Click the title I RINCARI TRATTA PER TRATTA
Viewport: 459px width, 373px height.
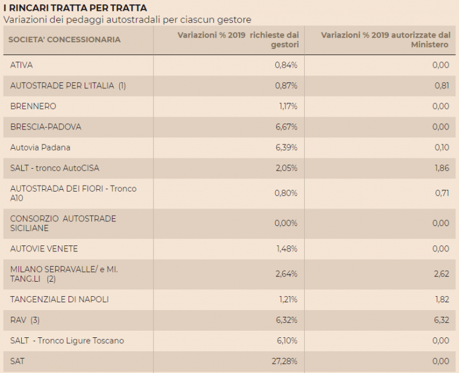pos(75,8)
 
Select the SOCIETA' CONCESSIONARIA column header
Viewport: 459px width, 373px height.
pos(65,40)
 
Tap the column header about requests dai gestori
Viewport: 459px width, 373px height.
pos(238,40)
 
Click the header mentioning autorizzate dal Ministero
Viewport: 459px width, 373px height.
pos(385,40)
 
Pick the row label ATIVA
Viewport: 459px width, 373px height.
pos(21,65)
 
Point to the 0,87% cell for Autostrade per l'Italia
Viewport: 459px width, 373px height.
pos(286,86)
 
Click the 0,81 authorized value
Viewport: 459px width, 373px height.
pos(441,86)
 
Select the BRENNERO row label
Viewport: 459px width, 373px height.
pos(33,106)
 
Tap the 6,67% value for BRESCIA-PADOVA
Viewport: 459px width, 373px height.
pos(286,127)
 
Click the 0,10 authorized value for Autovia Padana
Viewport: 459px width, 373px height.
pos(441,148)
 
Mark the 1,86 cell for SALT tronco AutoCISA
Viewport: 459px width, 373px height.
pos(441,168)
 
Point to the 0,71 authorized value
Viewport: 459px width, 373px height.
pos(441,193)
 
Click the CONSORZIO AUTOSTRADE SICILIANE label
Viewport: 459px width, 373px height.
pos(63,223)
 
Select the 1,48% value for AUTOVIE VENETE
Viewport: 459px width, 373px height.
pos(287,249)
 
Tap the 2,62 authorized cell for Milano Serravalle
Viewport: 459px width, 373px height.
pos(441,274)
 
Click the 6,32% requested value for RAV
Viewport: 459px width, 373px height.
pos(286,320)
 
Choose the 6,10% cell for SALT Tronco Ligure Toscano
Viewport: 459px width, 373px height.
pos(287,340)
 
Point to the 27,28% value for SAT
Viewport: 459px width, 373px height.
pos(284,361)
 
